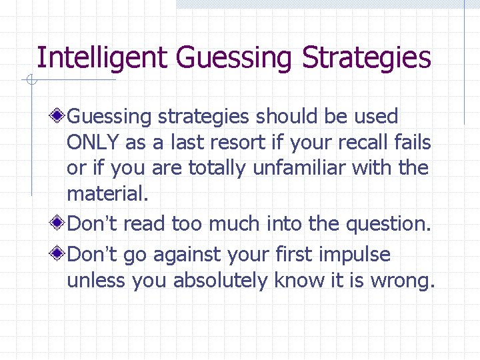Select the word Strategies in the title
[367, 59]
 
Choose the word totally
[217, 168]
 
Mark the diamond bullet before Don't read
[59, 223]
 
